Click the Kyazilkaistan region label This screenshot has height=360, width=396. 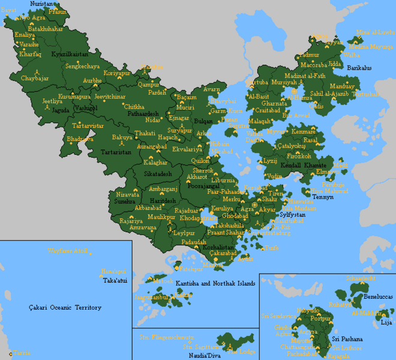[70, 54]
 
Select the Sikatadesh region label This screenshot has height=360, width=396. [157, 174]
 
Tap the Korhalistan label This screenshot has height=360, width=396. [218, 247]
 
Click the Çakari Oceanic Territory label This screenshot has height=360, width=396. [65, 308]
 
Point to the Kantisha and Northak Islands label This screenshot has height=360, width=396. [216, 283]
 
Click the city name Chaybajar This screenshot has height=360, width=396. [34, 78]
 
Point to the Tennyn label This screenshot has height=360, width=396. [322, 197]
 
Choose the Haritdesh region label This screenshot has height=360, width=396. [162, 201]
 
